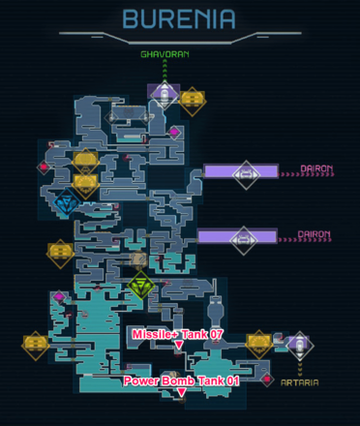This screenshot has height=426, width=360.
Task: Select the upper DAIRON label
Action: click(315, 169)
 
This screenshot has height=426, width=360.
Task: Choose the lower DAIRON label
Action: click(315, 234)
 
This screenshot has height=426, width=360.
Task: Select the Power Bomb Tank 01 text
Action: click(181, 380)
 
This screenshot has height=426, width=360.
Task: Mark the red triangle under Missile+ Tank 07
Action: click(178, 345)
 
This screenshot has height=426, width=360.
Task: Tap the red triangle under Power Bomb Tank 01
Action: click(181, 393)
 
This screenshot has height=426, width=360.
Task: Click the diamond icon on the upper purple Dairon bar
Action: click(247, 173)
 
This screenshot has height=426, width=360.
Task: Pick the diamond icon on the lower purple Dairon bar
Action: click(243, 237)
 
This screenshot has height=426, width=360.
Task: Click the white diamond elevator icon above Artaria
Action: click(299, 344)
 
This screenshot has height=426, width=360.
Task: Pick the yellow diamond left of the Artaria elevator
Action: click(259, 343)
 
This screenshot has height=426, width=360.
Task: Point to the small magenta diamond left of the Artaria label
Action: click(267, 379)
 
